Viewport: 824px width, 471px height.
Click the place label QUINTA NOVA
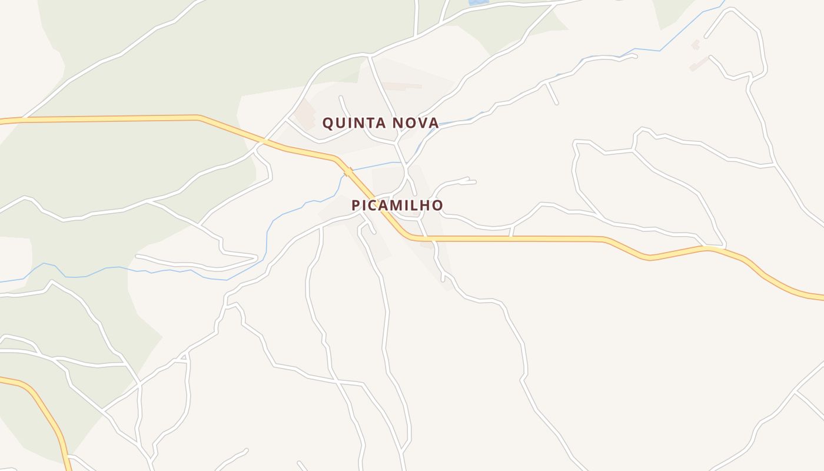pyautogui.click(x=380, y=123)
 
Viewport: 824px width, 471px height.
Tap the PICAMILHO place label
pyautogui.click(x=397, y=205)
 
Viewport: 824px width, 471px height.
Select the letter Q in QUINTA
pyautogui.click(x=328, y=123)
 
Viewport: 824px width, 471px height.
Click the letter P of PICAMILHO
pyautogui.click(x=355, y=205)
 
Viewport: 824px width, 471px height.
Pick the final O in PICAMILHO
pyautogui.click(x=437, y=205)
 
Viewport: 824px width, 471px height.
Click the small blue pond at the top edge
pyautogui.click(x=479, y=2)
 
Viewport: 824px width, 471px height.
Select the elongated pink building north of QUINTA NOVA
pyautogui.click(x=403, y=87)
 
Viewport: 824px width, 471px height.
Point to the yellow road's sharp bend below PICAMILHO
pyautogui.click(x=409, y=237)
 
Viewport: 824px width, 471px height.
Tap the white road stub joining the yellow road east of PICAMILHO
pyautogui.click(x=511, y=232)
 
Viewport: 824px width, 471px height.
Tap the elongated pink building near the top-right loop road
pyautogui.click(x=699, y=64)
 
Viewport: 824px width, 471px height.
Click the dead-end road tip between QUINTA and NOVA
pyautogui.click(x=341, y=97)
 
